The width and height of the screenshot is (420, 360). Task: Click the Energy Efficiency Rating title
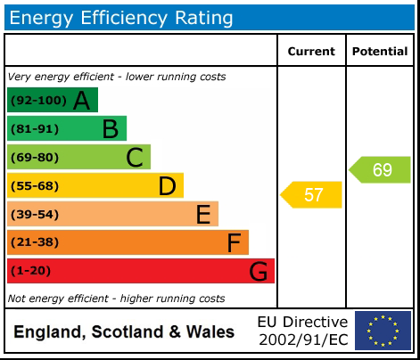pyautogui.click(x=121, y=18)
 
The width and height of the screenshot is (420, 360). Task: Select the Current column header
pyautogui.click(x=311, y=52)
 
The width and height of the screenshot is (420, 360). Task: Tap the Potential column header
pyautogui.click(x=380, y=52)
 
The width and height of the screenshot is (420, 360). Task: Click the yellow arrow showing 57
pyautogui.click(x=312, y=194)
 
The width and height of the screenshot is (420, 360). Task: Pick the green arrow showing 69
pyautogui.click(x=381, y=169)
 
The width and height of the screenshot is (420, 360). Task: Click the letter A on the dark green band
pyautogui.click(x=81, y=101)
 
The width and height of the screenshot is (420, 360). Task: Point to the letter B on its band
pyautogui.click(x=110, y=129)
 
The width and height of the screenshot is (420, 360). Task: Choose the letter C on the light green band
pyautogui.click(x=135, y=158)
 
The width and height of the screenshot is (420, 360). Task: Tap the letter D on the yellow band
pyautogui.click(x=167, y=186)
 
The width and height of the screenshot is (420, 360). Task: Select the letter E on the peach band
pyautogui.click(x=202, y=215)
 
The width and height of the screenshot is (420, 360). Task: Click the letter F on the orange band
pyautogui.click(x=234, y=242)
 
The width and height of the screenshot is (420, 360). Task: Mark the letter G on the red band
pyautogui.click(x=259, y=271)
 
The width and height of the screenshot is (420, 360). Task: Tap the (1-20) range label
pyautogui.click(x=31, y=271)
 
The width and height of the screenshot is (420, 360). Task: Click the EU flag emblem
pyautogui.click(x=383, y=331)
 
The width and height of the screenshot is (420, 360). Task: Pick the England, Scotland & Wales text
pyautogui.click(x=124, y=332)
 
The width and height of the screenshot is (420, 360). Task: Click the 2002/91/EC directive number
pyautogui.click(x=302, y=340)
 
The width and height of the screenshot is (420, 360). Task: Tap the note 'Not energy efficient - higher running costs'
pyautogui.click(x=116, y=299)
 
